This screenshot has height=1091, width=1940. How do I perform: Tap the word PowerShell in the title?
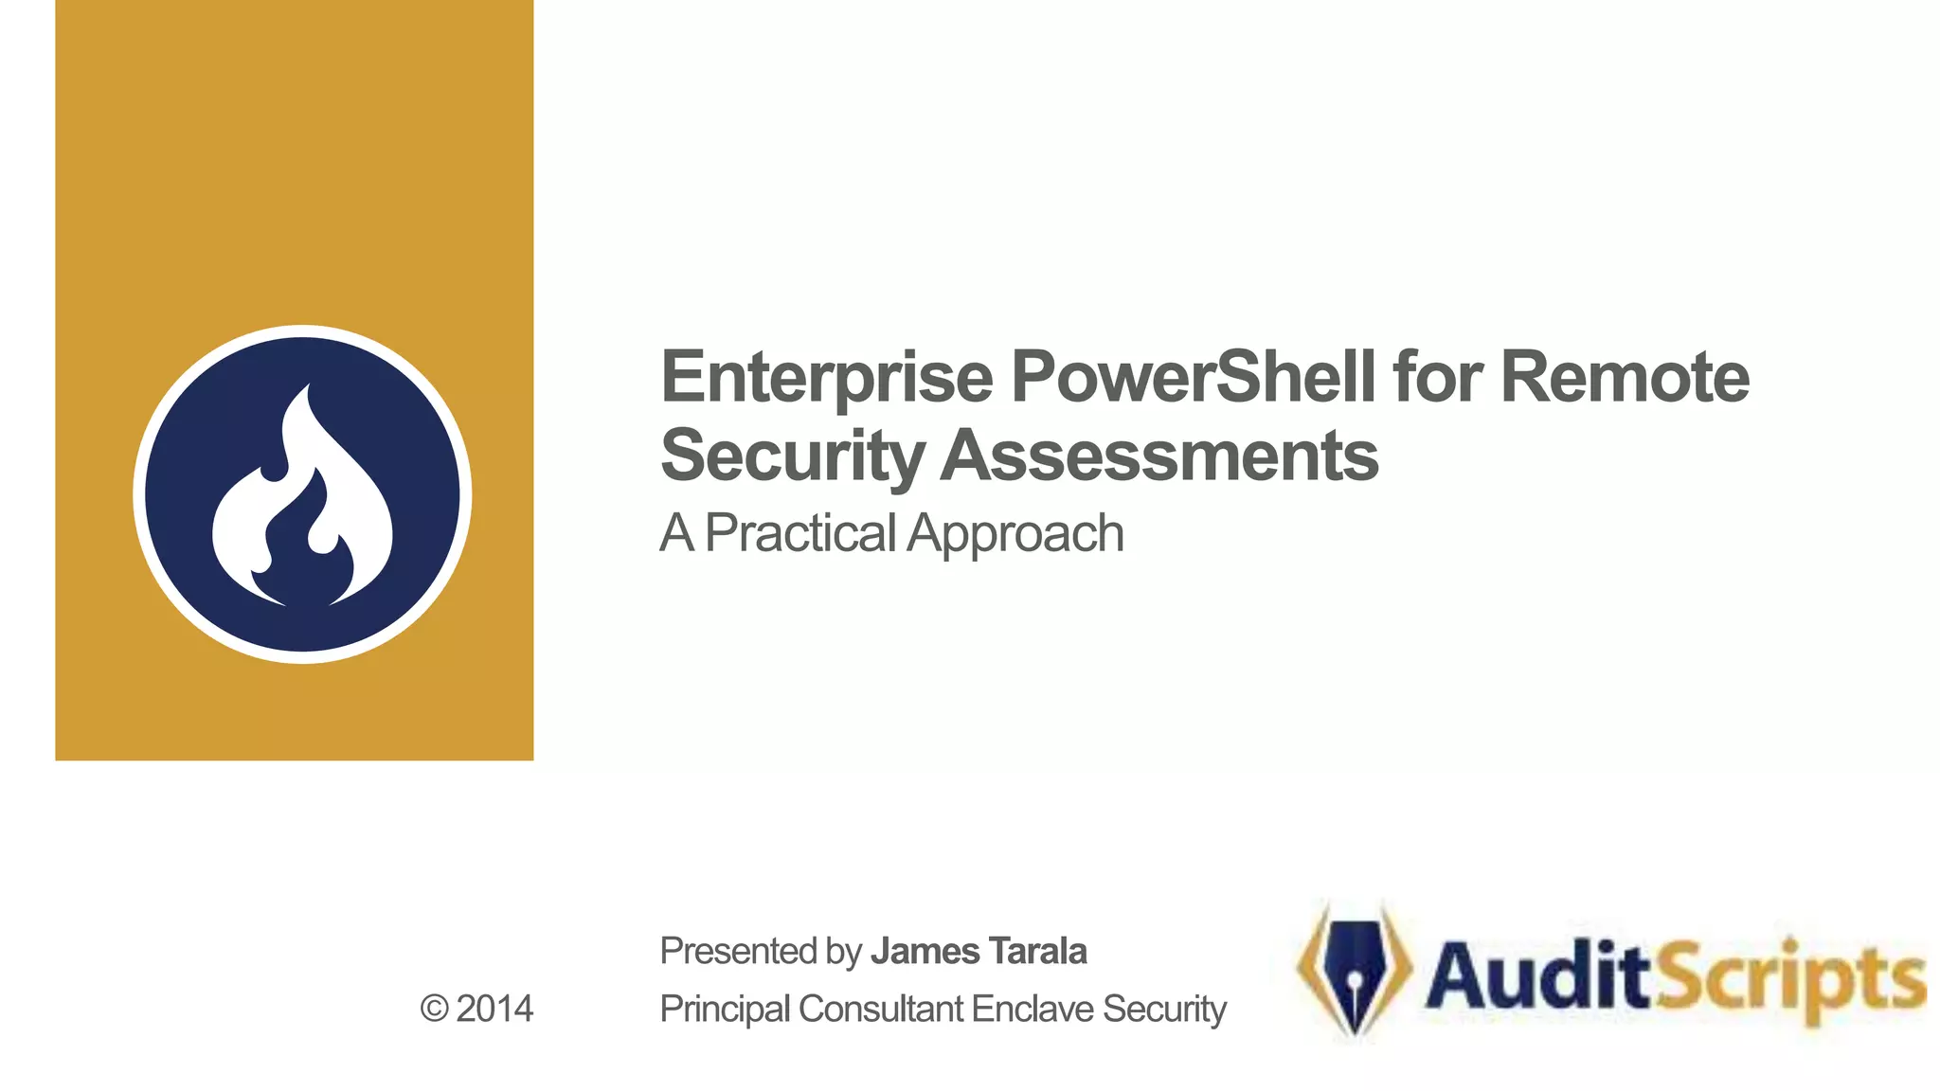coord(1193,377)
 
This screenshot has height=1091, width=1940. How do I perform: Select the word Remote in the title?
coord(1625,377)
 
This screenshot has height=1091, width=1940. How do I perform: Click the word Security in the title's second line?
coord(791,456)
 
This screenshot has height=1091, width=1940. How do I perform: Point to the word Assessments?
coord(1160,456)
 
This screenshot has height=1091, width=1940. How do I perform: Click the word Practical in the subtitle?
coord(799,533)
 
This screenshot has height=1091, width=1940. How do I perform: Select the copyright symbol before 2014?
coord(434,1010)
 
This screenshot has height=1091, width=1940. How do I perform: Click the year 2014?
coord(494,1010)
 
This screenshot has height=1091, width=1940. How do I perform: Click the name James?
coord(925,951)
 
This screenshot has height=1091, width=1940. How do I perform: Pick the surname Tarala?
coord(1037,951)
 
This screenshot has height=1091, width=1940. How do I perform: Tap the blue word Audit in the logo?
coord(1539,975)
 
